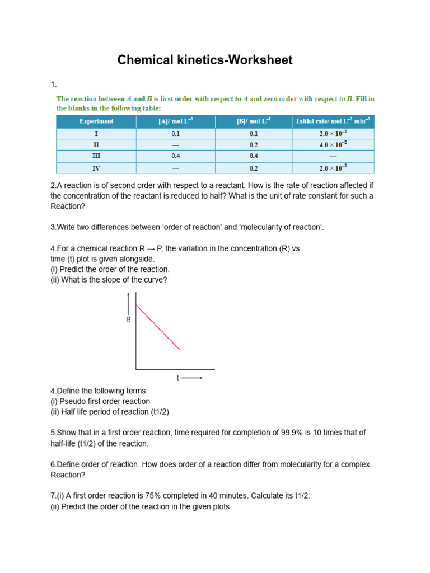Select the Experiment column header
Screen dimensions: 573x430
[x=96, y=121]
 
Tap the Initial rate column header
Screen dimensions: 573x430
[x=334, y=121]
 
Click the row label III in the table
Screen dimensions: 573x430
[x=96, y=156]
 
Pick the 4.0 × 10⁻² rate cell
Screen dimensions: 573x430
[x=334, y=144]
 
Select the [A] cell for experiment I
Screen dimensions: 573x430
[x=176, y=133]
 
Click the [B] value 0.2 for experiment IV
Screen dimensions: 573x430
[x=254, y=168]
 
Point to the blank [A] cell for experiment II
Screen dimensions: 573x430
[x=176, y=144]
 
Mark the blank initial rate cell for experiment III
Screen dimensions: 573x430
[x=334, y=156]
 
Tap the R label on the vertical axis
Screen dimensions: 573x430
[x=128, y=320]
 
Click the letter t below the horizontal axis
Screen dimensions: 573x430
[x=178, y=378]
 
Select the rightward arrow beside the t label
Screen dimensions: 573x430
[x=192, y=378]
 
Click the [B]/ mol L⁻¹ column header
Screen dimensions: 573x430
[x=254, y=121]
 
